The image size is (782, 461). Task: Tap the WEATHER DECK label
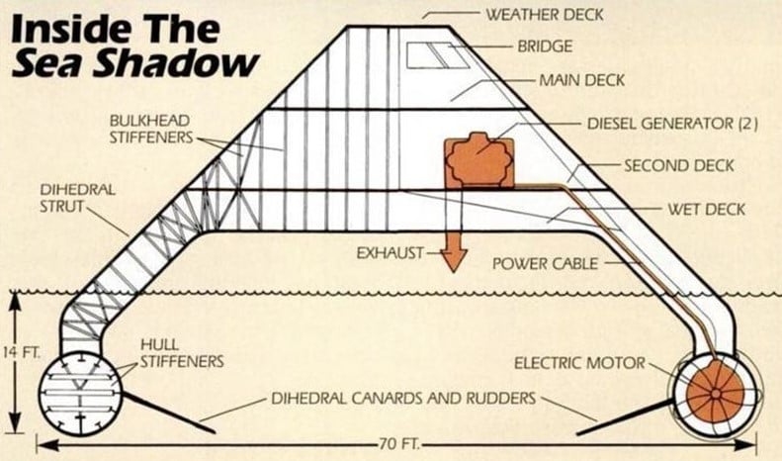(541, 15)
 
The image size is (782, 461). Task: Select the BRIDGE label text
(545, 46)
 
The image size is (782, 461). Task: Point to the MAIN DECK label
(581, 79)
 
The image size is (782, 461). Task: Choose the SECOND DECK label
(678, 165)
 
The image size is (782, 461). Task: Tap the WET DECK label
(706, 211)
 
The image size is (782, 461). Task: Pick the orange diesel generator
(479, 157)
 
